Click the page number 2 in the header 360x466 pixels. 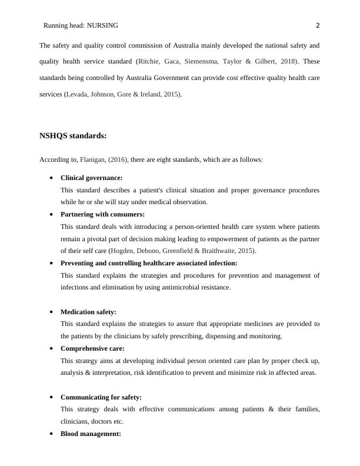(x=318, y=25)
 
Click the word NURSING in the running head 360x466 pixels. (x=102, y=25)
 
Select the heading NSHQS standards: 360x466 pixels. (x=73, y=136)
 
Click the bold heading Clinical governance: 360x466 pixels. (x=91, y=177)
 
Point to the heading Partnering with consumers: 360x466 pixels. (x=102, y=214)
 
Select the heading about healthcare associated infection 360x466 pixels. (x=149, y=263)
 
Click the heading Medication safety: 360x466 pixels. (x=88, y=312)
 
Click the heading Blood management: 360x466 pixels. (x=91, y=434)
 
